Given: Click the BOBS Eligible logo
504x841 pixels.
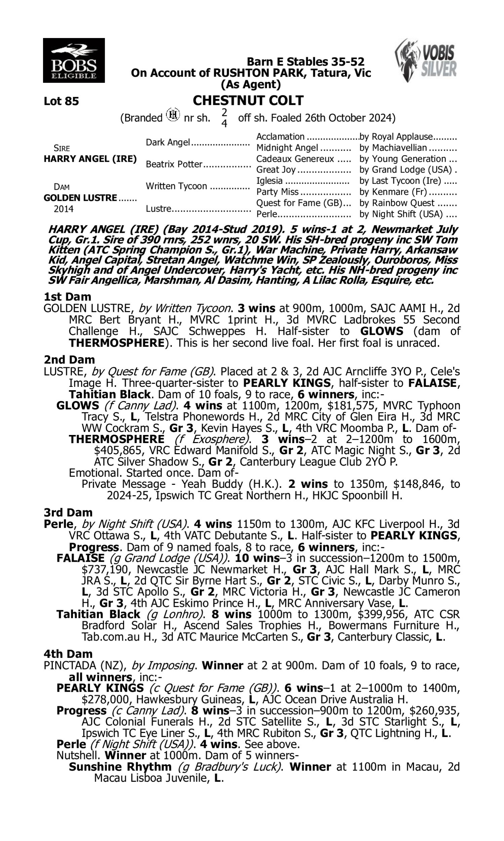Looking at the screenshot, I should (x=74, y=61).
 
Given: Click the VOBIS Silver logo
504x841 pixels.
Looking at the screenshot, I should (x=426, y=60).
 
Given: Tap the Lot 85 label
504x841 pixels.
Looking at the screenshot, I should (x=61, y=101).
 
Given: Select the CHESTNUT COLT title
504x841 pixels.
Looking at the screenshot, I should (x=248, y=101).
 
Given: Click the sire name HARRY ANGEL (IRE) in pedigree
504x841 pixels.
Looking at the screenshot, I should (x=90, y=159).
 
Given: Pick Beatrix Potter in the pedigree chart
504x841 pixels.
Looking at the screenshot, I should (x=174, y=164).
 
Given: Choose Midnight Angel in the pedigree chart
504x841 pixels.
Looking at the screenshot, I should (x=287, y=148).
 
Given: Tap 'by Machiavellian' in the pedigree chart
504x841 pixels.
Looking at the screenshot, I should (x=393, y=148).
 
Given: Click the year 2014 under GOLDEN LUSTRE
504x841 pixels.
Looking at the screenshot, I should (x=64, y=209).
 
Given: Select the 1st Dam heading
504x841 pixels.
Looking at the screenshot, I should (x=67, y=297).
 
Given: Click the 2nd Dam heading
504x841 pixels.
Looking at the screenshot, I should (x=69, y=360).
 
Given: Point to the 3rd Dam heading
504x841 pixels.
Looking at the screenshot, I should (x=68, y=513).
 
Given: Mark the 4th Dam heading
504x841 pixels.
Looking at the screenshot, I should (x=68, y=654).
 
